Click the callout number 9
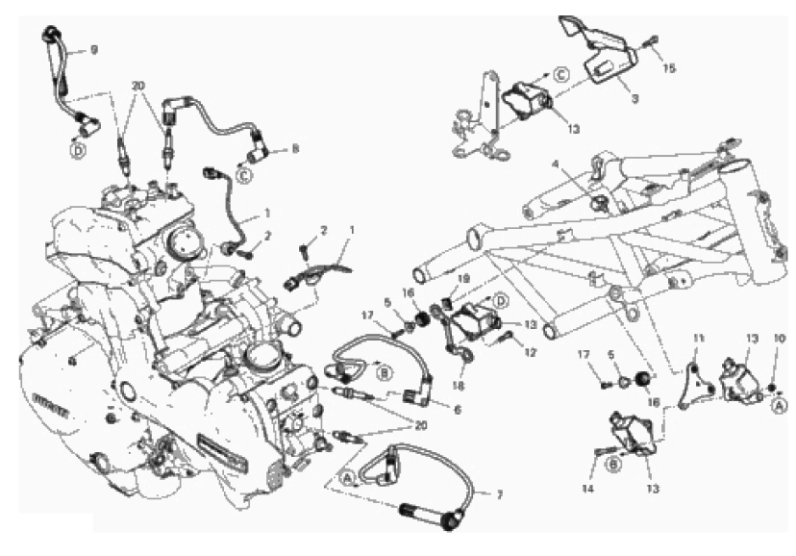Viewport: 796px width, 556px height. pos(94,49)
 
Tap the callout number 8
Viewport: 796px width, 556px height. pos(296,150)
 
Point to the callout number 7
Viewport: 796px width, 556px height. pos(499,494)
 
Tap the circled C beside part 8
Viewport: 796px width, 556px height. pos(244,173)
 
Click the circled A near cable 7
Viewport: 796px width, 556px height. pos(347,473)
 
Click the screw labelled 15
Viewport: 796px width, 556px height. pos(652,42)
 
